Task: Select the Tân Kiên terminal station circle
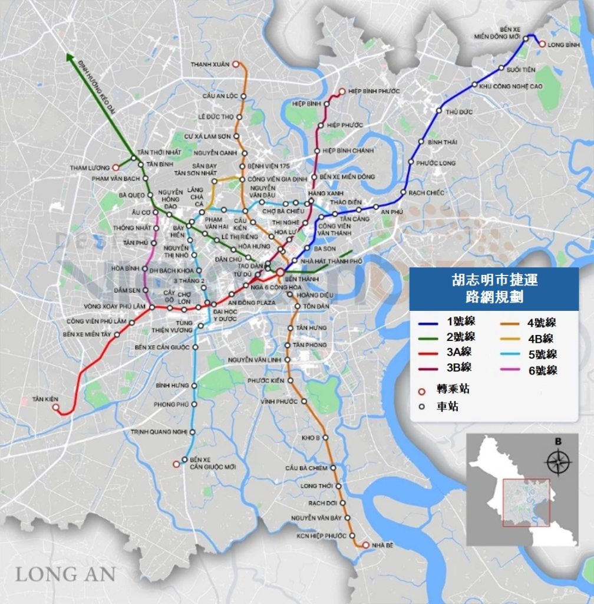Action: click(56, 407)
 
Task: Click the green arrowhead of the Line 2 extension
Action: click(70, 58)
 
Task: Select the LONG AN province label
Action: click(65, 573)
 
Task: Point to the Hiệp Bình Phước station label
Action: click(374, 91)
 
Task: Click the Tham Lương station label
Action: click(90, 168)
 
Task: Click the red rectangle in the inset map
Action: click(526, 502)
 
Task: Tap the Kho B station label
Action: click(310, 438)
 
